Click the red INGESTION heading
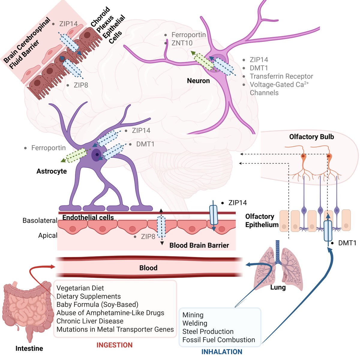pos(114,345)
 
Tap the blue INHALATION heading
pos(222,352)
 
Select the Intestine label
pos(29,348)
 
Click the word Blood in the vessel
pos(148,268)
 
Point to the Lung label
pos(278,287)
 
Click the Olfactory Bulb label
pos(312,137)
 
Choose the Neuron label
pos(198,81)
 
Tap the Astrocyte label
pos(52,171)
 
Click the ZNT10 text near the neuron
pos(182,43)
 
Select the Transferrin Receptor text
pos(281,76)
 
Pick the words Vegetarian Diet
pos(80,288)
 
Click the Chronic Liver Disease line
pos(90,321)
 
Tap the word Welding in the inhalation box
pos(195,323)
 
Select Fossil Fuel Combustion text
pos(219,340)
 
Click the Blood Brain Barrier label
pos(199,245)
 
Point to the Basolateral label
pos(40,220)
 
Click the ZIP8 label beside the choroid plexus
pos(81,85)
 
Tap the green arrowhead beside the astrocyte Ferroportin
pos(63,160)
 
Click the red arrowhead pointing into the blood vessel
pos(53,267)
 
